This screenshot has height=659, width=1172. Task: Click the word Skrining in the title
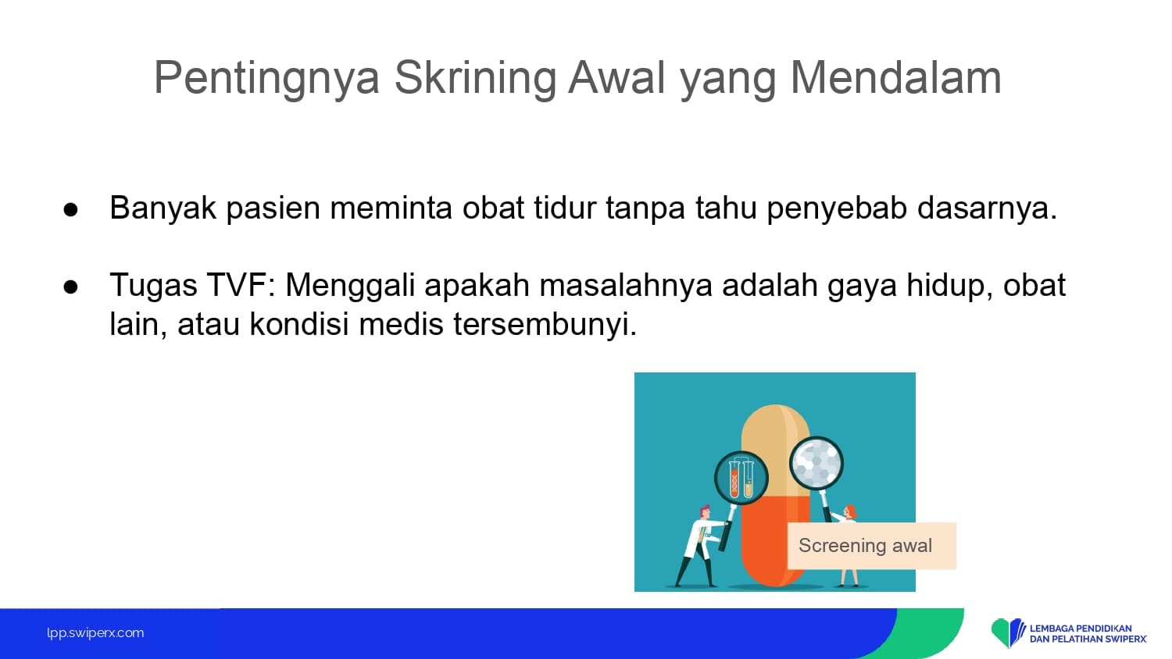[x=475, y=78]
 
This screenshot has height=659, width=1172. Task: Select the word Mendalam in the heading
[x=895, y=78]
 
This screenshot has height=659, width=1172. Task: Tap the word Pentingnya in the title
[x=266, y=79]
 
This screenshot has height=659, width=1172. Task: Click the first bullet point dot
[x=70, y=210]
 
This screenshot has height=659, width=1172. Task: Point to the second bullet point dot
[x=70, y=287]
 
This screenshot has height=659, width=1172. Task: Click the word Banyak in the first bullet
[x=163, y=208]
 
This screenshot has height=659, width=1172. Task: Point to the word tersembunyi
[x=545, y=324]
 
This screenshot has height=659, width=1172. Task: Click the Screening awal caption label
[x=872, y=546]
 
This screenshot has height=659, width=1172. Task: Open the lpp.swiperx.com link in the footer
[x=95, y=633]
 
